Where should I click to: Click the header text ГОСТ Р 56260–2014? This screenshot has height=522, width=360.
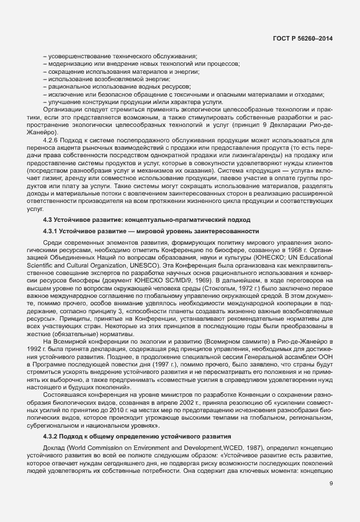pos(302,38)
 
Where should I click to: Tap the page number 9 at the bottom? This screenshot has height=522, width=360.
pos(331,500)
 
